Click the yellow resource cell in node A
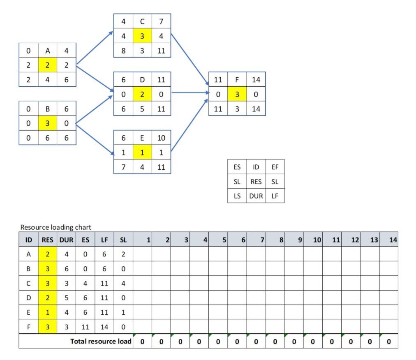pyautogui.click(x=47, y=65)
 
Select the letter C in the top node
pyautogui.click(x=142, y=21)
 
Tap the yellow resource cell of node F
pyautogui.click(x=237, y=95)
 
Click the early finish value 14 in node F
pyautogui.click(x=256, y=80)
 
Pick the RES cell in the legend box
pyautogui.click(x=256, y=182)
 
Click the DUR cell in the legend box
pyautogui.click(x=256, y=196)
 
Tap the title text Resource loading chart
pyautogui.click(x=55, y=227)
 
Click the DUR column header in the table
pyautogui.click(x=67, y=239)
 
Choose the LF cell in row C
pyautogui.click(x=104, y=283)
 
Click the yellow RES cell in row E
pyautogui.click(x=48, y=312)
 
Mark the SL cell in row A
pyautogui.click(x=123, y=254)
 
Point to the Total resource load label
pyautogui.click(x=101, y=342)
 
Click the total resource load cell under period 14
pyautogui.click(x=388, y=342)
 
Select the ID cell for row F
pyautogui.click(x=28, y=327)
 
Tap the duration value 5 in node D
pyautogui.click(x=142, y=109)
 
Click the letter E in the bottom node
pyautogui.click(x=142, y=138)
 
